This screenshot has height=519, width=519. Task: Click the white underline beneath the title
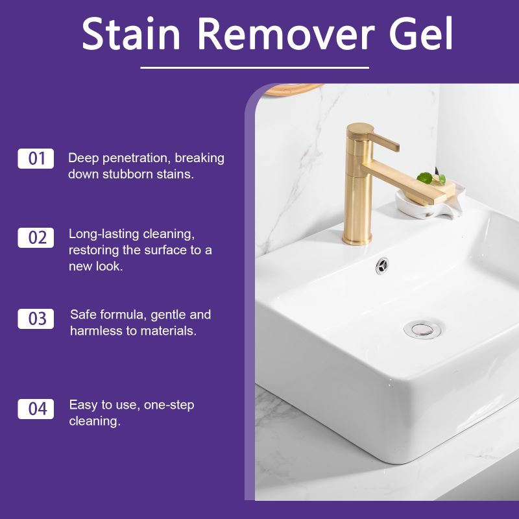(x=254, y=67)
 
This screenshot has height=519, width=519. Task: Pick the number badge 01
(x=36, y=158)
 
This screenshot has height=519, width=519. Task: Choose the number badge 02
(x=36, y=237)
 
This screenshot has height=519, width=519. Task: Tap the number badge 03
(x=36, y=319)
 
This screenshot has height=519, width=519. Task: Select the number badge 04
(x=36, y=409)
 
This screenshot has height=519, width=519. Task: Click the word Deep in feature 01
(x=82, y=158)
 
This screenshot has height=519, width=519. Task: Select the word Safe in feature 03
(x=83, y=315)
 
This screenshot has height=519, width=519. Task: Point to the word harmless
(x=97, y=331)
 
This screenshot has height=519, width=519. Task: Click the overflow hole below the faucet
(x=383, y=264)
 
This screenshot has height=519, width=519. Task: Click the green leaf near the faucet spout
(x=426, y=177)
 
